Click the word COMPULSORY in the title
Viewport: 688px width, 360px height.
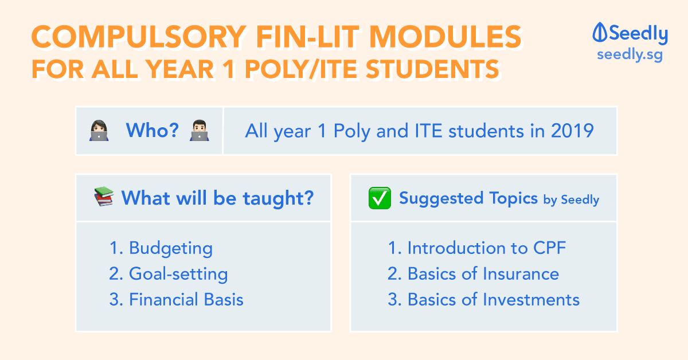(x=139, y=37)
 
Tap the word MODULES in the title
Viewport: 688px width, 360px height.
(x=445, y=37)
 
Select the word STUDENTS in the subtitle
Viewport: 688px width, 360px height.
(x=432, y=69)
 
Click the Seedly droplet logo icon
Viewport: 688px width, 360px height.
(x=600, y=32)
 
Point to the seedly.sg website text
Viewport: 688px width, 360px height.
(x=630, y=55)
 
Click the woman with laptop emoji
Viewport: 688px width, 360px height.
(x=99, y=131)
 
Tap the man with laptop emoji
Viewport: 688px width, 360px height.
(x=200, y=131)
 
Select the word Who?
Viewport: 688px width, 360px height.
(x=153, y=130)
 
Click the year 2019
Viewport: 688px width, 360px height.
(x=572, y=131)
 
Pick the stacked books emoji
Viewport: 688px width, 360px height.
(x=104, y=196)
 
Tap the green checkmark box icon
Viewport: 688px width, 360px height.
(x=380, y=198)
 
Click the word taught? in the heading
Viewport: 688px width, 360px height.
(x=278, y=198)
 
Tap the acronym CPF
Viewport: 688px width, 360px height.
(x=549, y=248)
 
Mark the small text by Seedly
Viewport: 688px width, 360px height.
(x=571, y=200)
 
